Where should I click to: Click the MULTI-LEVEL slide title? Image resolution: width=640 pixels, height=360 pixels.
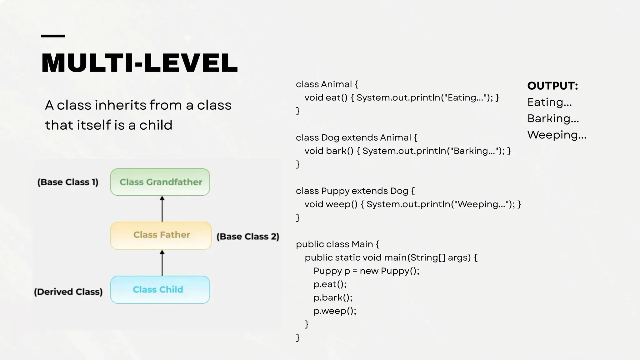[139, 63]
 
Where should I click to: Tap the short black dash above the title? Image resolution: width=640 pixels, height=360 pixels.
[53, 36]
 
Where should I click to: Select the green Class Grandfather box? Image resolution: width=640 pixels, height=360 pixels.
[160, 182]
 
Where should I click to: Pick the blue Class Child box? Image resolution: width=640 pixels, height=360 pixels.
[160, 290]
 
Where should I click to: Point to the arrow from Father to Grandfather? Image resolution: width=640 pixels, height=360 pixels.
[162, 209]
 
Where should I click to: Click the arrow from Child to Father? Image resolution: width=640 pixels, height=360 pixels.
[162, 263]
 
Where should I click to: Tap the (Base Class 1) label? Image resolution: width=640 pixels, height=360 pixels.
[68, 182]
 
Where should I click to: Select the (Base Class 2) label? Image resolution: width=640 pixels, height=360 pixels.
[248, 237]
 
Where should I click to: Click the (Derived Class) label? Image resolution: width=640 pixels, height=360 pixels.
[68, 292]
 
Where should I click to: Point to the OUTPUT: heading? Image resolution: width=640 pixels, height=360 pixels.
[552, 86]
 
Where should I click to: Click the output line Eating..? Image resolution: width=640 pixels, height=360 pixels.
[549, 102]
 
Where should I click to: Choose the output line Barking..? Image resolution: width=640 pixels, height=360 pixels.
[553, 118]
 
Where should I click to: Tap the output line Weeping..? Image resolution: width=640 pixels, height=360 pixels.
[557, 135]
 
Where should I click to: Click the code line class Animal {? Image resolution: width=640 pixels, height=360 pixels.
[327, 84]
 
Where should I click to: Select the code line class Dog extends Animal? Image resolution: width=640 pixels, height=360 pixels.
[356, 138]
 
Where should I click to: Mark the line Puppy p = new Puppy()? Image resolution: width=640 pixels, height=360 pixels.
[366, 271]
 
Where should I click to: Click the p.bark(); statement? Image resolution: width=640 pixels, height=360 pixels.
[333, 297]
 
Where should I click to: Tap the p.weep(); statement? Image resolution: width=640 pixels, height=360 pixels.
[335, 311]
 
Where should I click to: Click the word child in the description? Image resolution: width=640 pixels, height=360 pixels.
[156, 125]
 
